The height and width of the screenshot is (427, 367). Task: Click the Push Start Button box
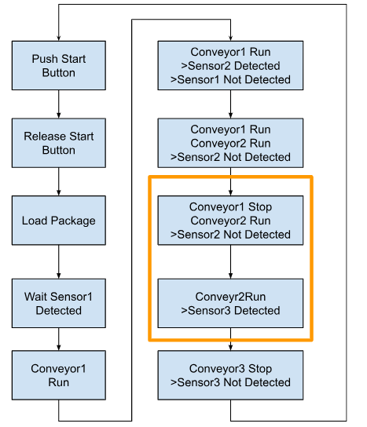tap(59, 65)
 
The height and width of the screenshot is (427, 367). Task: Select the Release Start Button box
tap(59, 143)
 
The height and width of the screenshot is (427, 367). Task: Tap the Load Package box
tap(59, 221)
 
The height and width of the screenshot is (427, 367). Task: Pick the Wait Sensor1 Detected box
tap(59, 303)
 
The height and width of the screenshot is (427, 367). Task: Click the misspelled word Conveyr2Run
tap(230, 297)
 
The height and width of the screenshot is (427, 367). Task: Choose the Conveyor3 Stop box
tap(230, 375)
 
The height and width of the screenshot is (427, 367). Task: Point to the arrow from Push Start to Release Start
tap(59, 104)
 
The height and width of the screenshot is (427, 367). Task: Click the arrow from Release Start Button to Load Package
tap(59, 181)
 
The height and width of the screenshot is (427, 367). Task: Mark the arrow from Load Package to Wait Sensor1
tap(59, 261)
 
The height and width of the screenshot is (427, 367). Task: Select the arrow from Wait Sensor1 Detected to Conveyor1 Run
tap(59, 339)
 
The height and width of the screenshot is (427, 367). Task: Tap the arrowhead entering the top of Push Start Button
tap(59, 38)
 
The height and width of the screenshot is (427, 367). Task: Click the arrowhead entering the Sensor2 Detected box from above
tap(231, 38)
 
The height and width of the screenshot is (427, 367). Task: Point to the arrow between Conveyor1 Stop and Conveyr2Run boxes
tap(231, 261)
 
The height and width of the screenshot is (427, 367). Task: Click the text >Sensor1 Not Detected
tap(230, 79)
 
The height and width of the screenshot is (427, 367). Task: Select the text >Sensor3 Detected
tap(230, 311)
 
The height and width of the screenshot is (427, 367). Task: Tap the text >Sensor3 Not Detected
tap(230, 382)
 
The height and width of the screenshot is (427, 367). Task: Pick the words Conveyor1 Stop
tap(230, 206)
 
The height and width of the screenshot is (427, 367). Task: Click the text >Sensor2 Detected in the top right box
tap(230, 66)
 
